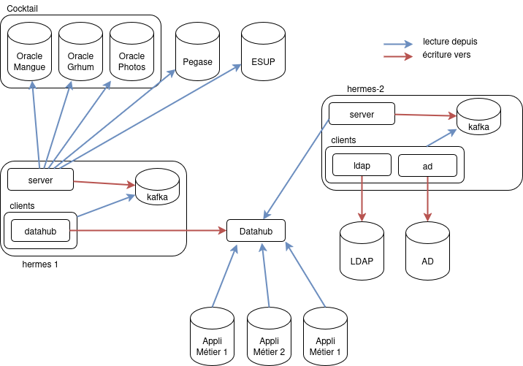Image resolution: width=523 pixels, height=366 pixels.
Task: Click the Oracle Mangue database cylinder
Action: tap(30, 53)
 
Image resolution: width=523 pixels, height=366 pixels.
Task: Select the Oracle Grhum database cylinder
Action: tap(80, 53)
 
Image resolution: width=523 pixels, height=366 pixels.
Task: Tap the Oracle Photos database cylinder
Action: tap(132, 53)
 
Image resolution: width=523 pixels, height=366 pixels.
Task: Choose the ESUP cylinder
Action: tap(263, 53)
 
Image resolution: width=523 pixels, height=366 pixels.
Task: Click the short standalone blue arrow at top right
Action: tap(398, 45)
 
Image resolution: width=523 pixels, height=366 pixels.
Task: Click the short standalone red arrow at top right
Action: tap(398, 56)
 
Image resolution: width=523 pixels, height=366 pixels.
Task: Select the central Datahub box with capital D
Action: tap(256, 232)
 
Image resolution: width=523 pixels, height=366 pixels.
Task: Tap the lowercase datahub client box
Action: tap(41, 232)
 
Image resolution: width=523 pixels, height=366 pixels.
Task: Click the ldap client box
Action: tap(362, 166)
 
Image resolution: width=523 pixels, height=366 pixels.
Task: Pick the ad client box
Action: tap(427, 166)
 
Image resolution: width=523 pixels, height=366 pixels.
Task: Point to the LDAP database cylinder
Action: tap(362, 253)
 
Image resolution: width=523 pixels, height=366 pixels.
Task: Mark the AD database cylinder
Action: tap(428, 253)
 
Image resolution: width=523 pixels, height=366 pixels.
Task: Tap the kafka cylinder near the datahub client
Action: tap(157, 188)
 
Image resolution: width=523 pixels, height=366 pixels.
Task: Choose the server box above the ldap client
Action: tap(362, 114)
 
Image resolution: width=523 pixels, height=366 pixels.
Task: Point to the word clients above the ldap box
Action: tap(344, 140)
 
